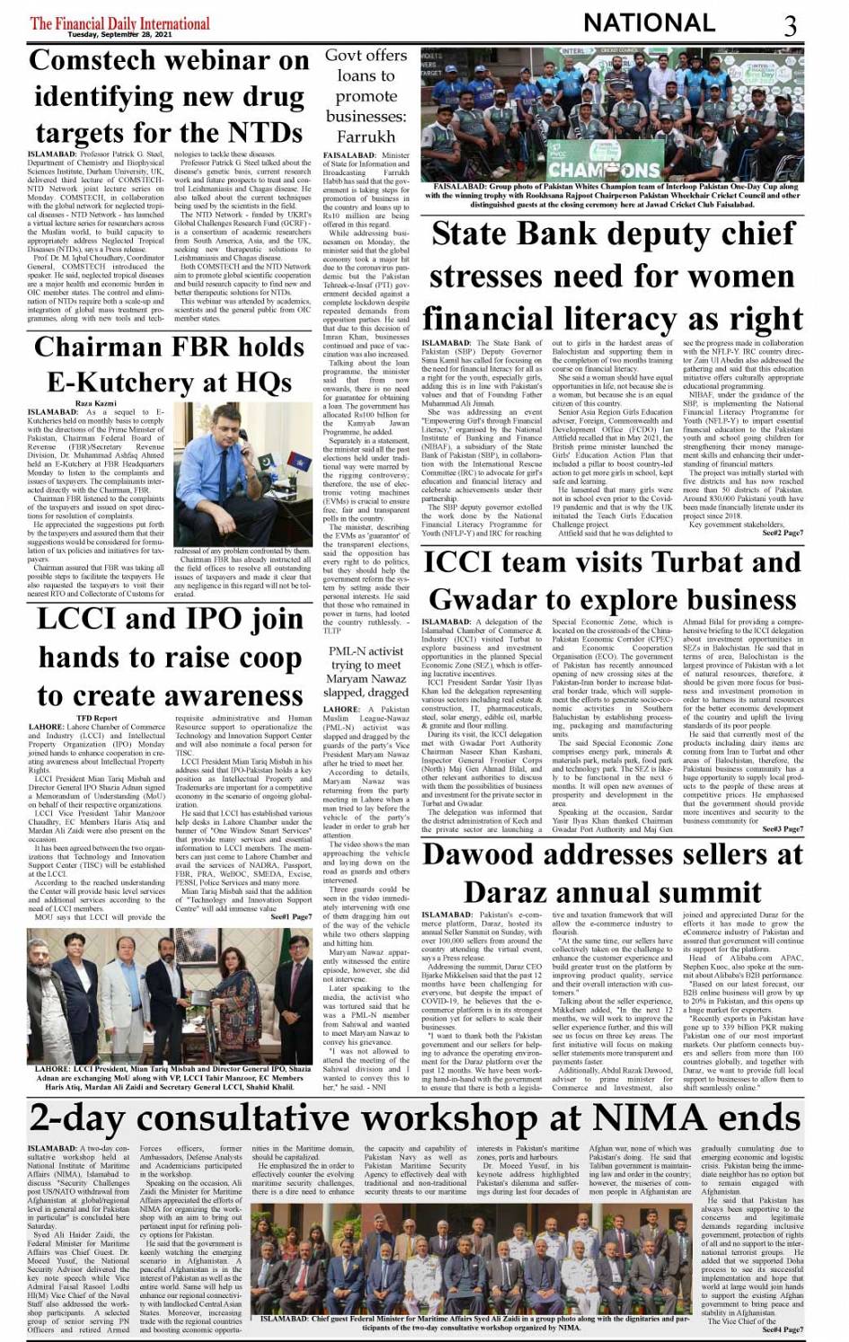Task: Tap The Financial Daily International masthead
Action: [119, 22]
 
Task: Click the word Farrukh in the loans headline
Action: [366, 137]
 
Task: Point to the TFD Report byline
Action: [96, 719]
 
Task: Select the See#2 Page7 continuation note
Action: [782, 533]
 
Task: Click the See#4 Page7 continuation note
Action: [782, 1329]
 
